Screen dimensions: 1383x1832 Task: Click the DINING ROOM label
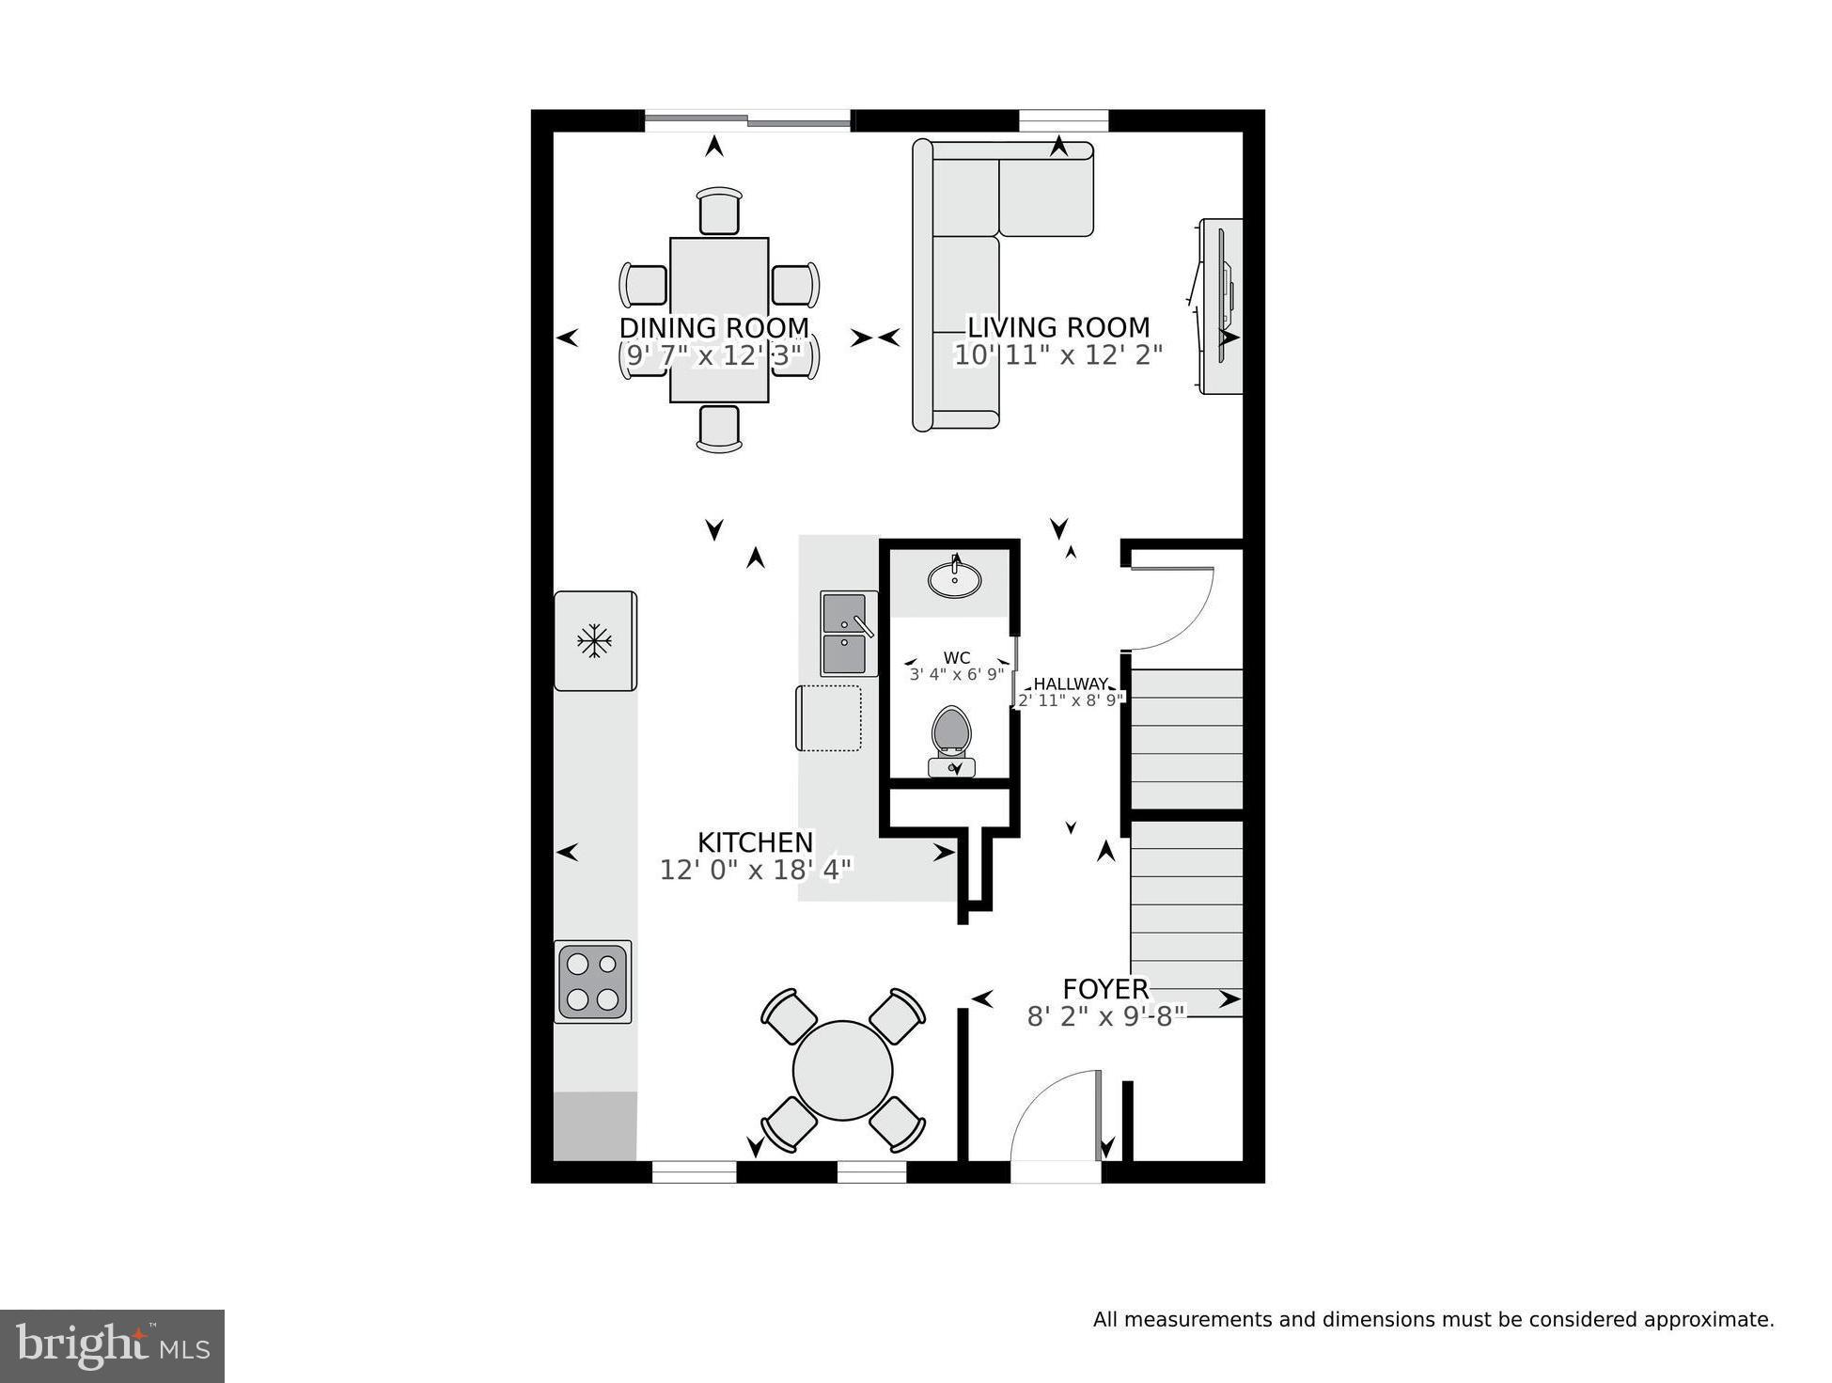(x=713, y=327)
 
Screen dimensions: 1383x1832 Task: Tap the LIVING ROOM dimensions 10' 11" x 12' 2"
(x=1057, y=355)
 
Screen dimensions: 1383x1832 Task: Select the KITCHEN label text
(x=755, y=841)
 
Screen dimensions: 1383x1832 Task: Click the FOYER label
(x=1105, y=989)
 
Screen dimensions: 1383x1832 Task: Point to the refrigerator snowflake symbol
(x=594, y=641)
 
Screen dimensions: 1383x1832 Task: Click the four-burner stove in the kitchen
(x=592, y=981)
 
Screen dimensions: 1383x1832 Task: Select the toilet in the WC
(x=951, y=738)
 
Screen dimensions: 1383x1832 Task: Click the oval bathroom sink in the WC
(x=954, y=579)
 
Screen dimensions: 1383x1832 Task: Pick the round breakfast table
(x=842, y=1070)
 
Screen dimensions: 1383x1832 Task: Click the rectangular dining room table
(x=719, y=282)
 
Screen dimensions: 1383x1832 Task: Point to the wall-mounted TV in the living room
(x=1223, y=306)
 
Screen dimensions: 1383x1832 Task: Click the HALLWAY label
(x=1071, y=684)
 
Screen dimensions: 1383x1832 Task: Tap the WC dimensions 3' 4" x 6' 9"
(x=957, y=674)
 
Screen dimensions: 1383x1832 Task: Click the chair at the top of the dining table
(x=719, y=211)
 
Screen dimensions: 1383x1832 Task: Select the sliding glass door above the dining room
(x=747, y=119)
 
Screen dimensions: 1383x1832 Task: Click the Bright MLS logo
(x=112, y=1346)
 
